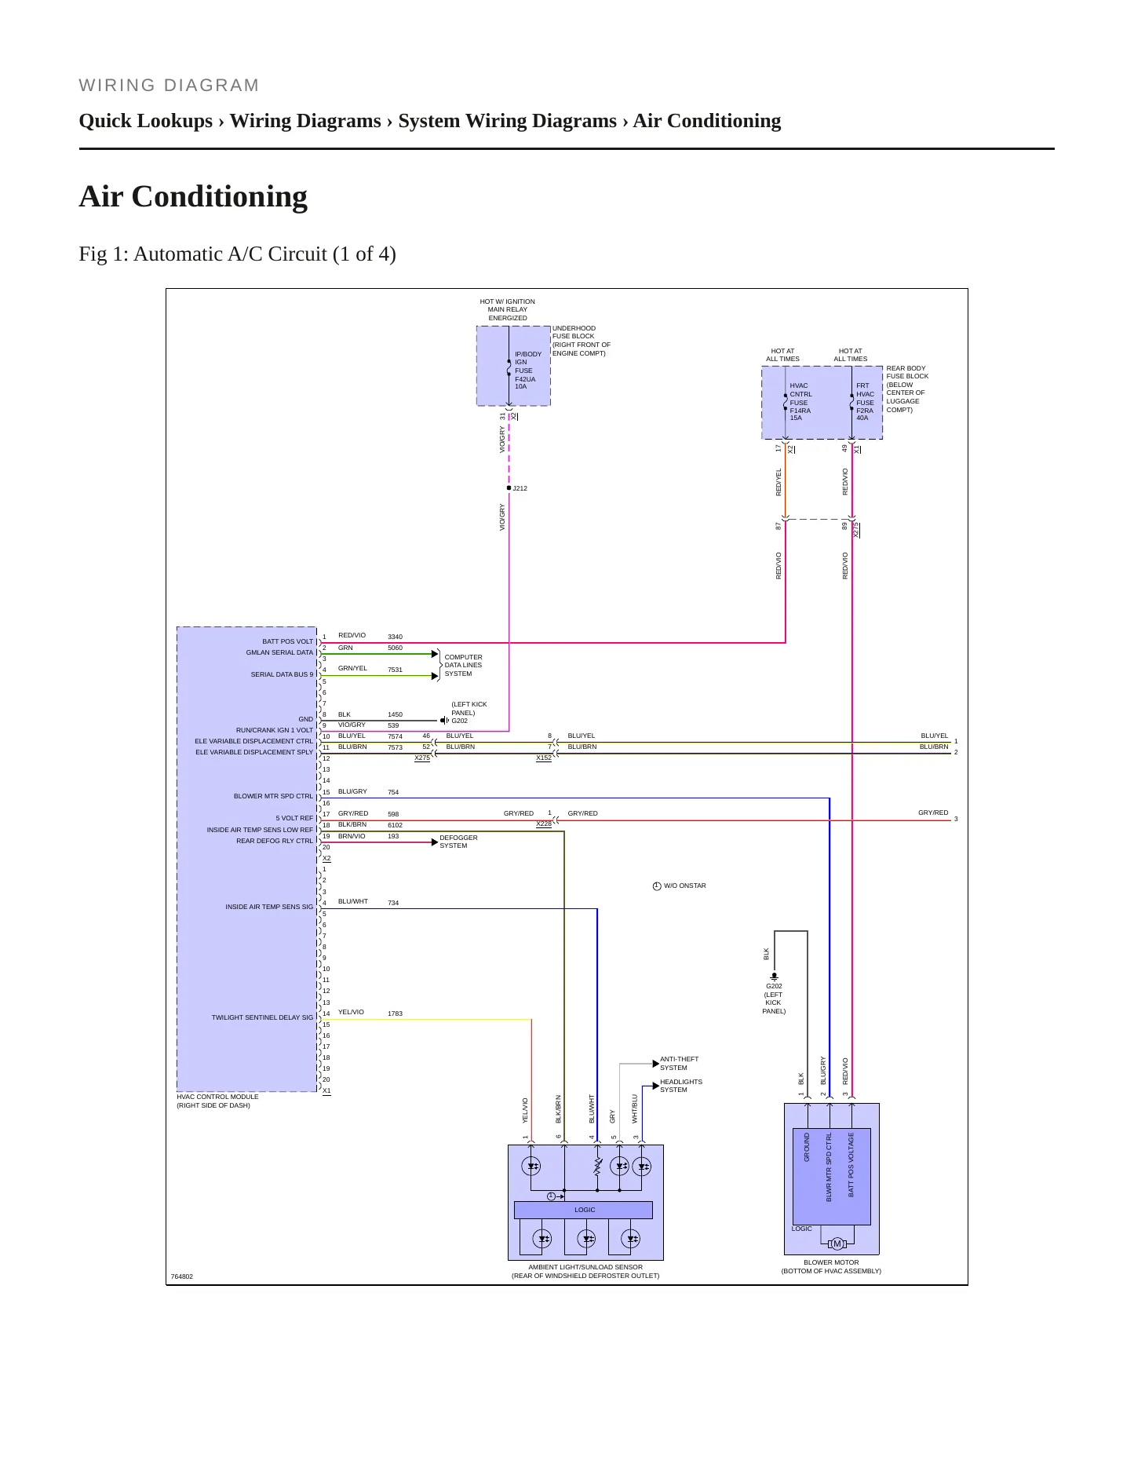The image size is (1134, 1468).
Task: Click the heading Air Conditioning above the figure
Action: [x=193, y=196]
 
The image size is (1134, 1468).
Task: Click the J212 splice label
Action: [x=520, y=488]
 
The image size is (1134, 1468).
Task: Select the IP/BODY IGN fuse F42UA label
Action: [x=527, y=371]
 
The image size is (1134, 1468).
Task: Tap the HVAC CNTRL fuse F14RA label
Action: [x=800, y=402]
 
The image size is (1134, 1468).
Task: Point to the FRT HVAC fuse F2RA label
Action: [x=865, y=402]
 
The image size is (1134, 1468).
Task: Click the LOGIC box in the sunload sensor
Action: [x=583, y=1210]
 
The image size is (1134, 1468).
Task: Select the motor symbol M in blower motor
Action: [x=837, y=1243]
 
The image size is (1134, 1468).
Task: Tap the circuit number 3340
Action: [x=395, y=637]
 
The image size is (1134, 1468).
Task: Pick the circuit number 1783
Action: [x=395, y=1013]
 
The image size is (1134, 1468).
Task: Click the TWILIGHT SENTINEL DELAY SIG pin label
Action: [x=262, y=1017]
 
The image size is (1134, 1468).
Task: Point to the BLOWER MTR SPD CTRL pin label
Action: [x=273, y=796]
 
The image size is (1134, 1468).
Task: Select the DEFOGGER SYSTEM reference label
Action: [x=458, y=842]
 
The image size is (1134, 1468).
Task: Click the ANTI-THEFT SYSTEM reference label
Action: [x=679, y=1063]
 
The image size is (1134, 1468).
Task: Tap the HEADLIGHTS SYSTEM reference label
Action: [x=681, y=1086]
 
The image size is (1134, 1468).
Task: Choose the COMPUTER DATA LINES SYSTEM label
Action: [x=463, y=665]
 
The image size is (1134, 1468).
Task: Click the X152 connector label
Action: [x=544, y=758]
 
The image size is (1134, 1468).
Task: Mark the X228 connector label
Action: [x=544, y=823]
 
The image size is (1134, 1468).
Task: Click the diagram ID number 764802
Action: [x=182, y=1276]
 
